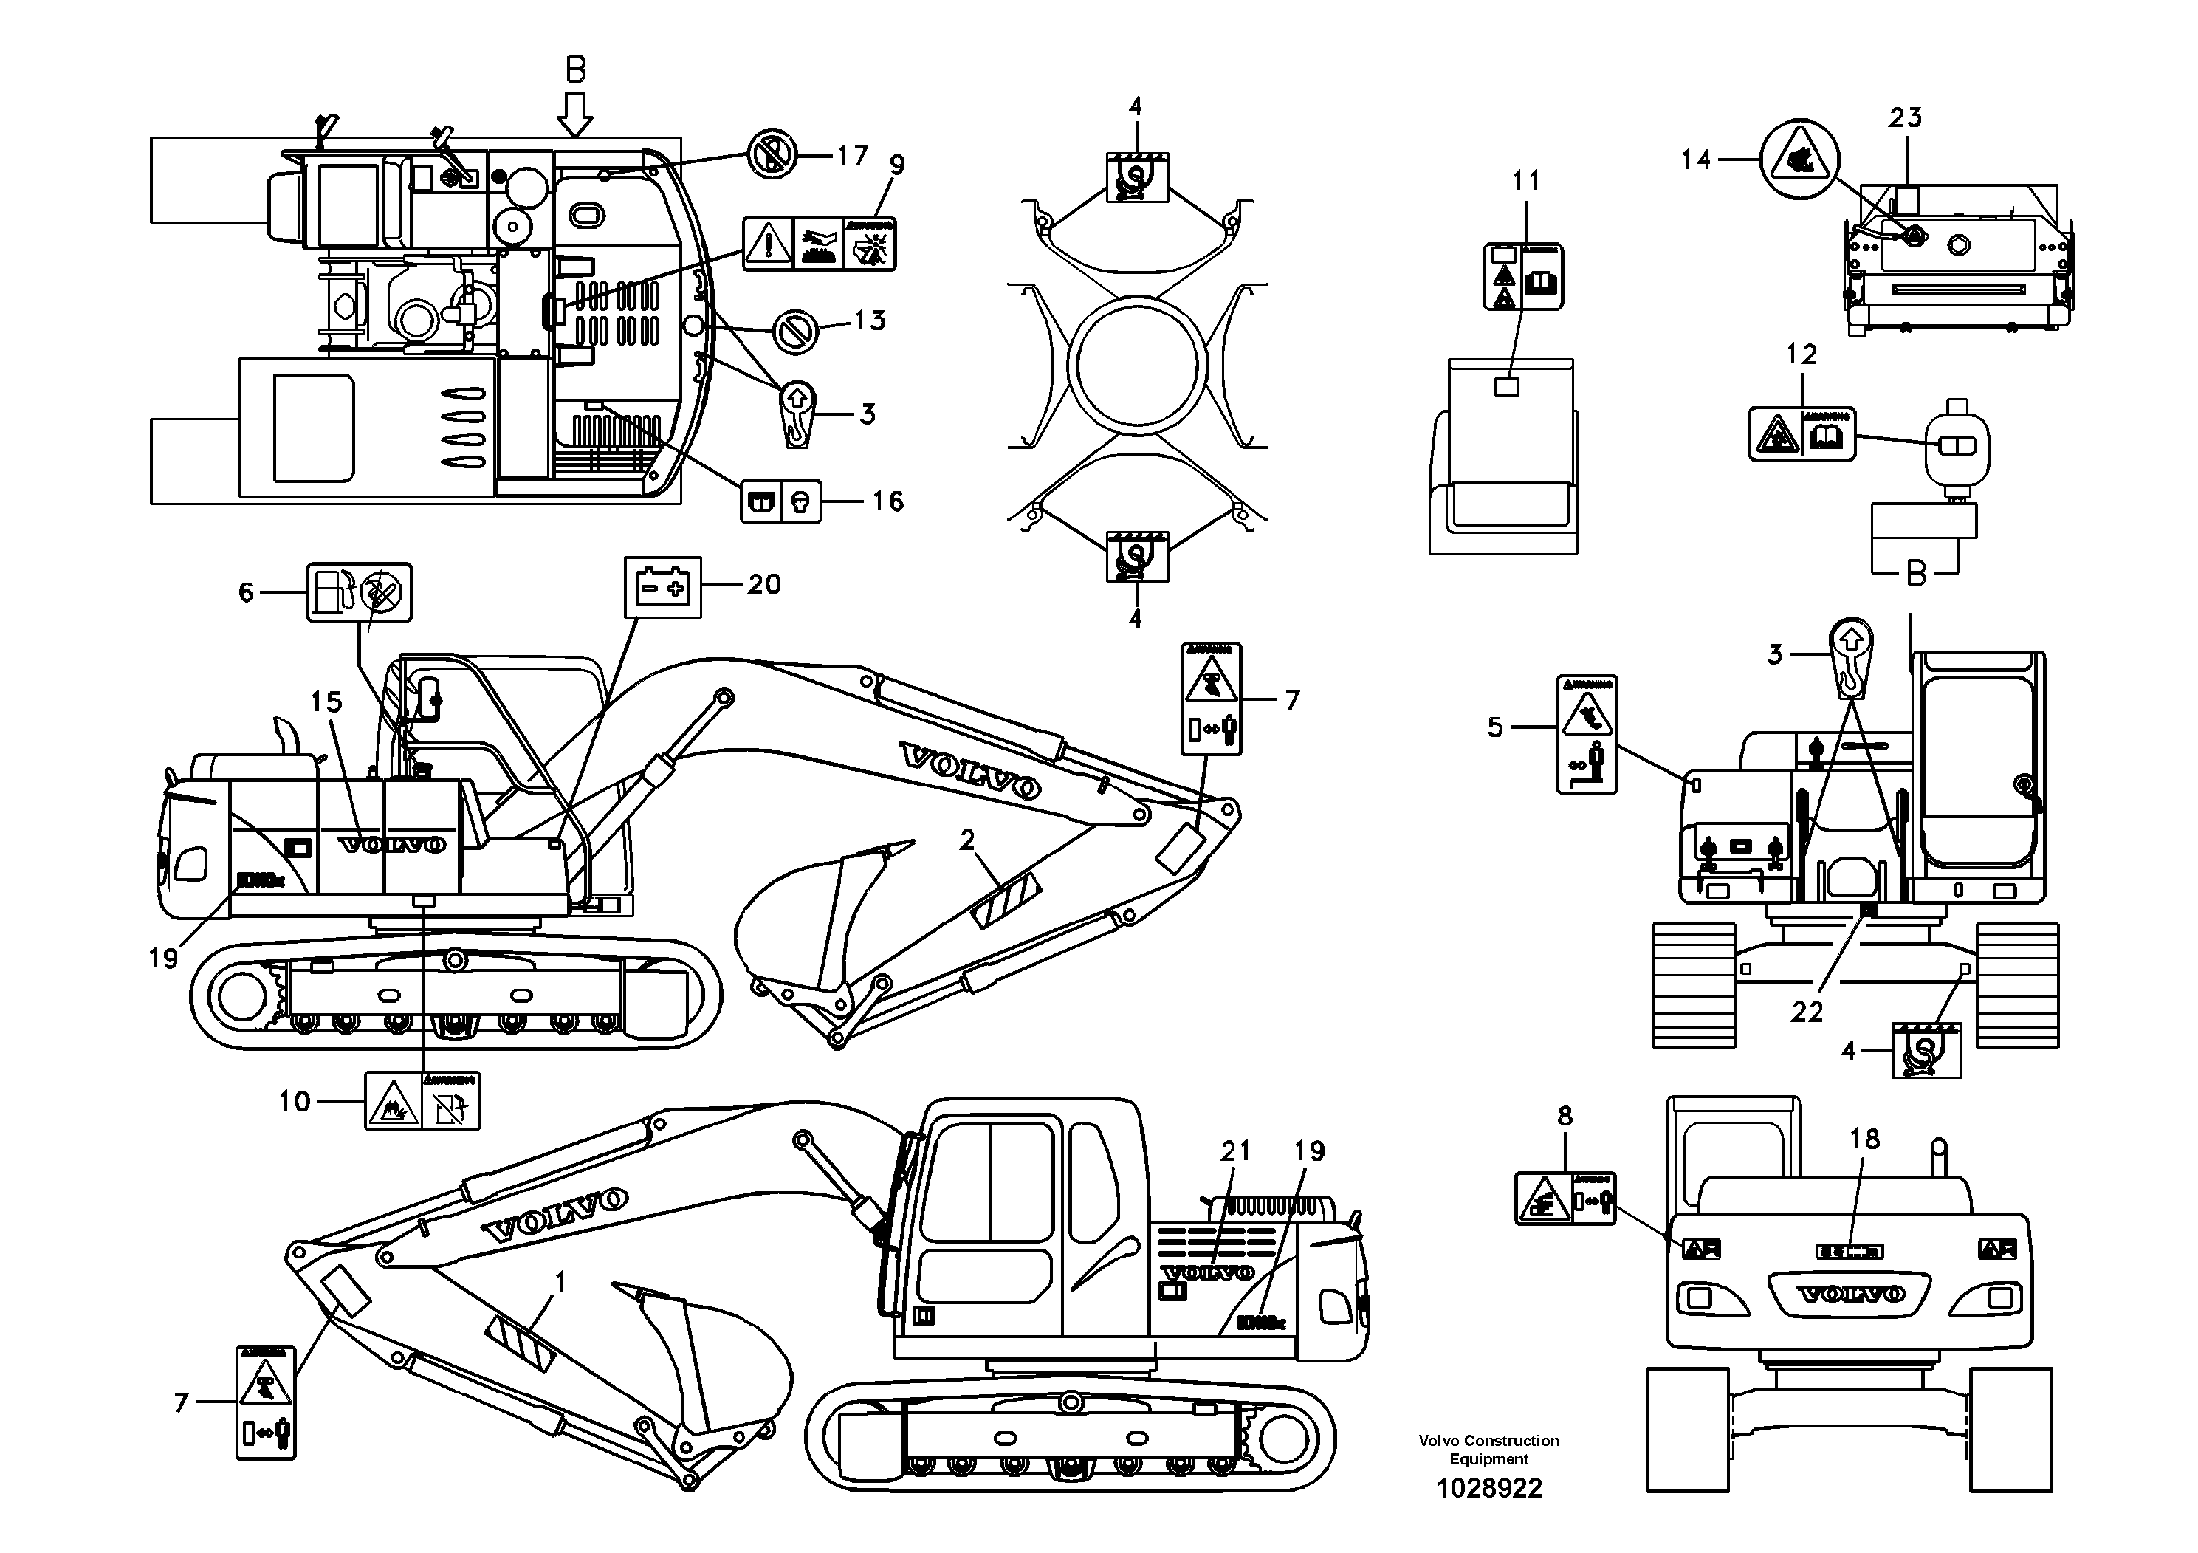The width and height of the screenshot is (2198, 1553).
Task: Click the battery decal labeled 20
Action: coord(662,586)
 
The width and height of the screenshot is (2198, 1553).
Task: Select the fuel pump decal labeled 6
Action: coord(359,593)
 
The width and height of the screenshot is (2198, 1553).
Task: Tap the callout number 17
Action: coord(852,155)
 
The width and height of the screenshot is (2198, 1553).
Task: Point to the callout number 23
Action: coord(1904,117)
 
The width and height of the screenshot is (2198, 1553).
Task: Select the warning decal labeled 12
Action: coord(1802,433)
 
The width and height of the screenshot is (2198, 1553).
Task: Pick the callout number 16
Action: coord(887,501)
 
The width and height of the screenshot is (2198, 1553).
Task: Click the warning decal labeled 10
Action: coord(422,1101)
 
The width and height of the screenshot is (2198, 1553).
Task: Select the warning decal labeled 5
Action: coord(1586,734)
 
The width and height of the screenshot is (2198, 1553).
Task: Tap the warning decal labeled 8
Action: coord(1565,1198)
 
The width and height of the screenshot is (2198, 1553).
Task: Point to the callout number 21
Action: coord(1235,1151)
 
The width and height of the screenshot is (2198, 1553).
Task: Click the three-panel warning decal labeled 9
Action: coord(819,244)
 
